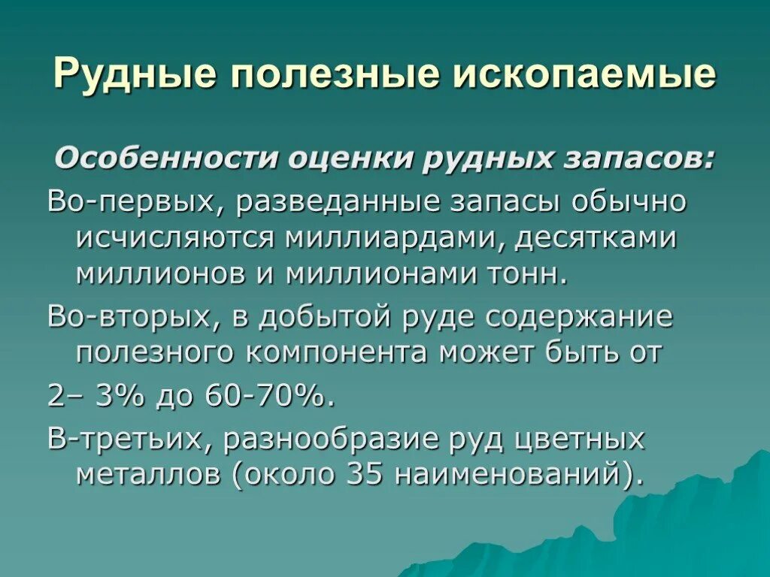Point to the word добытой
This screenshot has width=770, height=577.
320,317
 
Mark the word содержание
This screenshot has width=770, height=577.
579,317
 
